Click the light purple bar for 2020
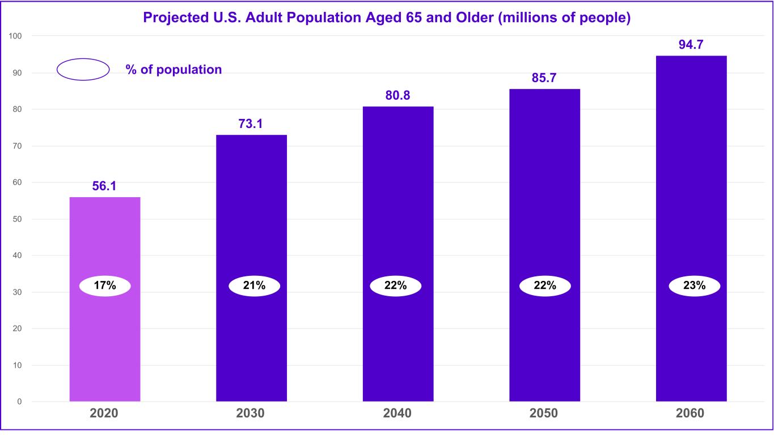[x=105, y=340]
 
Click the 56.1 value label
[x=104, y=186]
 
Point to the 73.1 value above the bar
[x=251, y=123]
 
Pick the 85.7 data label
[x=544, y=78]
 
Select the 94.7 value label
[x=691, y=45]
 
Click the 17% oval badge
[x=105, y=286]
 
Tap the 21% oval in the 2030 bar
[x=255, y=286]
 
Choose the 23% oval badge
[x=695, y=286]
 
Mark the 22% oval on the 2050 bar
[x=545, y=286]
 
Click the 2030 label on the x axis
[x=251, y=413]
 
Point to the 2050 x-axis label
[x=544, y=413]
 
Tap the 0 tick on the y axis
[x=20, y=402]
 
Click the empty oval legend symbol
[x=83, y=70]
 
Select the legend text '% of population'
[x=174, y=70]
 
